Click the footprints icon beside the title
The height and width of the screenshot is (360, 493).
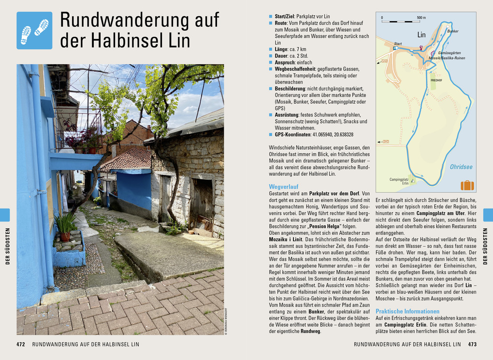[34, 30]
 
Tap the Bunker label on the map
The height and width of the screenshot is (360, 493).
[453, 31]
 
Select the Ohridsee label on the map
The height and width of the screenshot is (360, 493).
[461, 167]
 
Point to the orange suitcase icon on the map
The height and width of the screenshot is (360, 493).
[467, 185]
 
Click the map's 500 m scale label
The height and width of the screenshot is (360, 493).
[421, 18]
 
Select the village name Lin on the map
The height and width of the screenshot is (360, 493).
[421, 35]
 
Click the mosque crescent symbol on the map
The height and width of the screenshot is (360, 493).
[421, 47]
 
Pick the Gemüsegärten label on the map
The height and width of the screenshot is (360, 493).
[449, 53]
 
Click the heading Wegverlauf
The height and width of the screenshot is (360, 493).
[284, 186]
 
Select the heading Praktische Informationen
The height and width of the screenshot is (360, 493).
[407, 311]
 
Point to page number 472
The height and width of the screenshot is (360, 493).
[20, 344]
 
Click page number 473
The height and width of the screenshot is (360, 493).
[472, 344]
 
